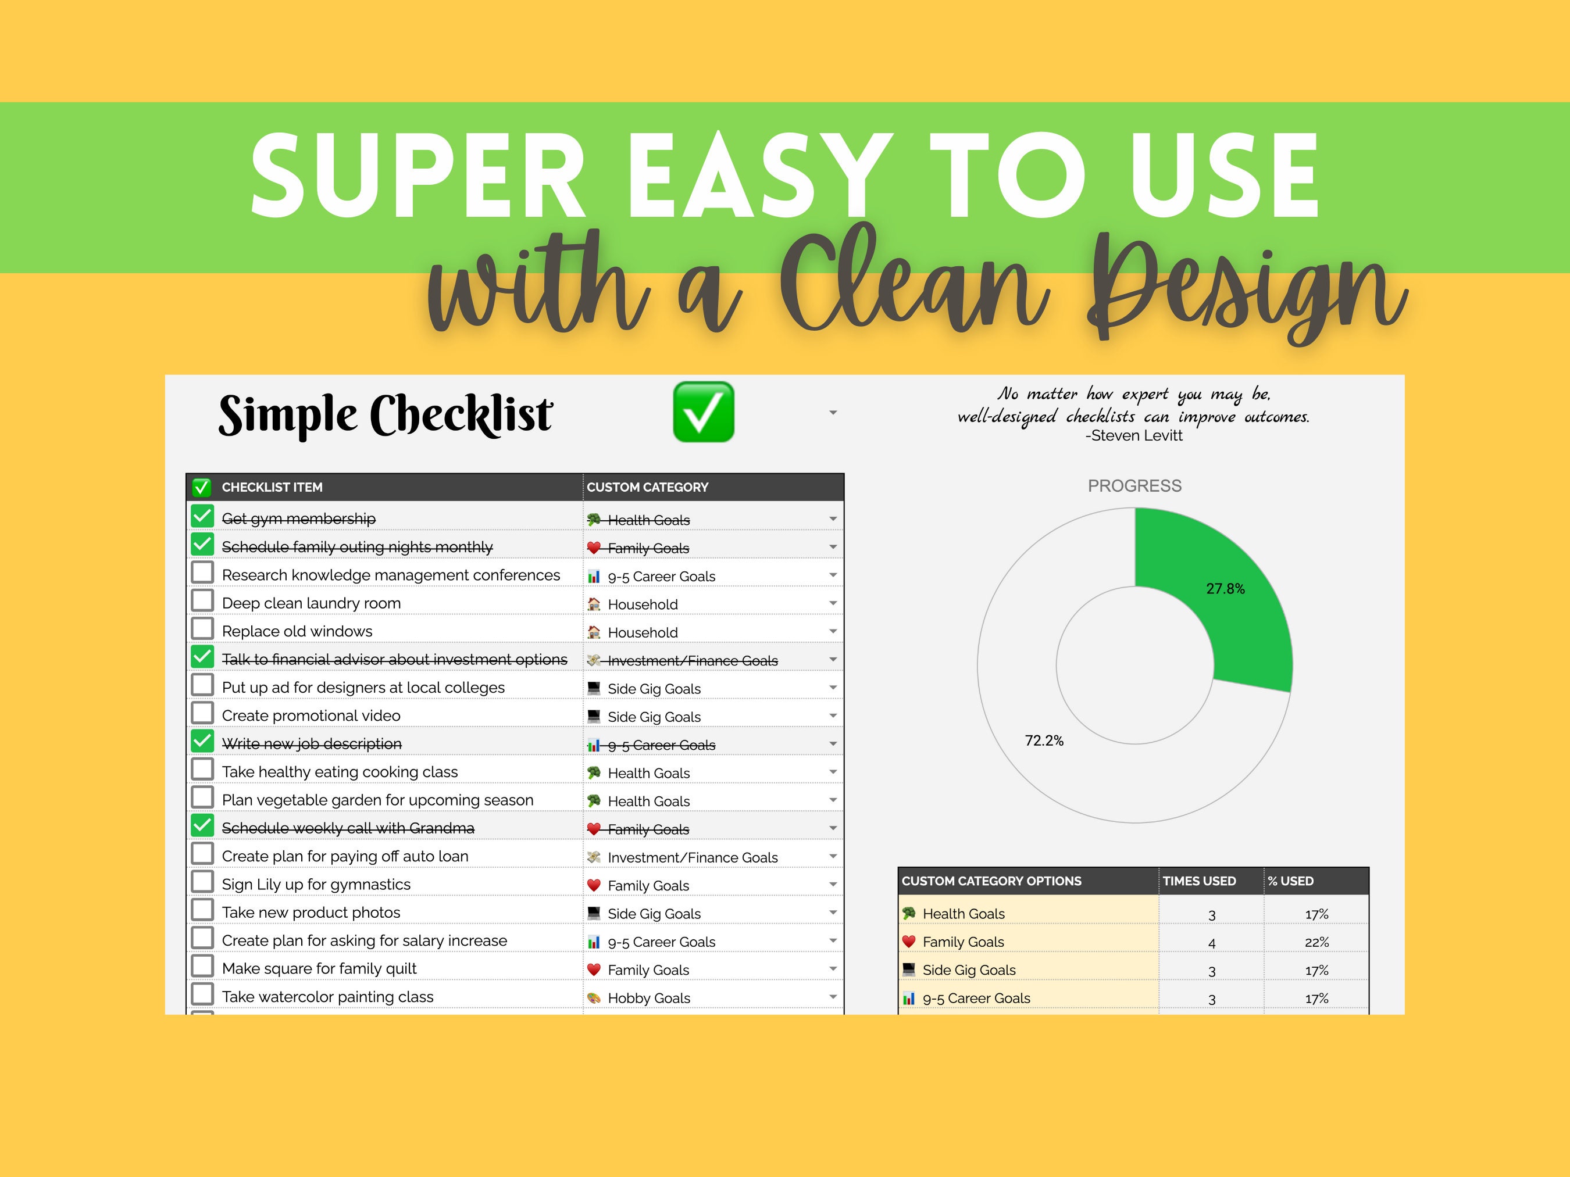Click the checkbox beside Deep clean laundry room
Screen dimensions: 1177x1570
point(202,600)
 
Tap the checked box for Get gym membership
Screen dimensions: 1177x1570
point(202,516)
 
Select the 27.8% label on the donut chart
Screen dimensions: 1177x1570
point(1225,589)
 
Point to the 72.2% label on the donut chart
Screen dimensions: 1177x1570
point(1044,740)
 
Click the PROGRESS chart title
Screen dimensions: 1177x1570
point(1134,486)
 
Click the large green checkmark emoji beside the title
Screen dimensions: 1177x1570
point(702,412)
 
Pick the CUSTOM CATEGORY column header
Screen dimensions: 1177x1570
point(647,488)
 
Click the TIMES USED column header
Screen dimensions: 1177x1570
point(1199,881)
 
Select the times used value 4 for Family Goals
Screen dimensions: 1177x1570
point(1212,943)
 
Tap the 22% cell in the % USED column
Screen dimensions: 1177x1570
point(1316,942)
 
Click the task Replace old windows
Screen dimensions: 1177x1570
point(297,631)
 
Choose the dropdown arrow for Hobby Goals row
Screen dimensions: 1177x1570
point(833,997)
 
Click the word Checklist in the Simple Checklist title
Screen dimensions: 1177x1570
point(461,414)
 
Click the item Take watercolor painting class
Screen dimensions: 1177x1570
point(327,997)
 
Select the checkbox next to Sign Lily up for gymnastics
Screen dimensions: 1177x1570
point(202,882)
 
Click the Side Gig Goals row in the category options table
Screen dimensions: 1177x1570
point(968,970)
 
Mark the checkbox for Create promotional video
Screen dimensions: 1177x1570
point(202,713)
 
